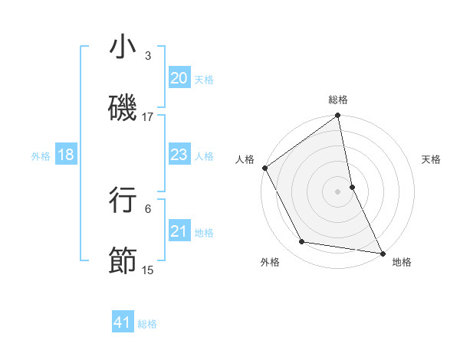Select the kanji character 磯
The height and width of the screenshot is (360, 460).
point(123,108)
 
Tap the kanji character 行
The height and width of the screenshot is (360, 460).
point(123,200)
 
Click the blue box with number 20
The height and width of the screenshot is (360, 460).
point(179,78)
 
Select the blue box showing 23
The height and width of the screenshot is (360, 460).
point(179,155)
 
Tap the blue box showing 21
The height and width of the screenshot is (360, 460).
point(179,231)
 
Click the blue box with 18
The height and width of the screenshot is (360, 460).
point(65,155)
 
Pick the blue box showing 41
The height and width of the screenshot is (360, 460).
point(123,322)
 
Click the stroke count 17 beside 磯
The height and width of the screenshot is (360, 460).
point(148,116)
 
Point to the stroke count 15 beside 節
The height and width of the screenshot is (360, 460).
point(148,270)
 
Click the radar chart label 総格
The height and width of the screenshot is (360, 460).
point(338,100)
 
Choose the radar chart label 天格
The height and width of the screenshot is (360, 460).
point(432,159)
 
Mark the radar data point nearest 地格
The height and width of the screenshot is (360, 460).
point(382,252)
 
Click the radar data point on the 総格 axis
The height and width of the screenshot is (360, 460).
point(338,116)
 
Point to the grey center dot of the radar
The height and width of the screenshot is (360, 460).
point(338,191)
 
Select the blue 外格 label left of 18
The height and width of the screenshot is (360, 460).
point(41,156)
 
